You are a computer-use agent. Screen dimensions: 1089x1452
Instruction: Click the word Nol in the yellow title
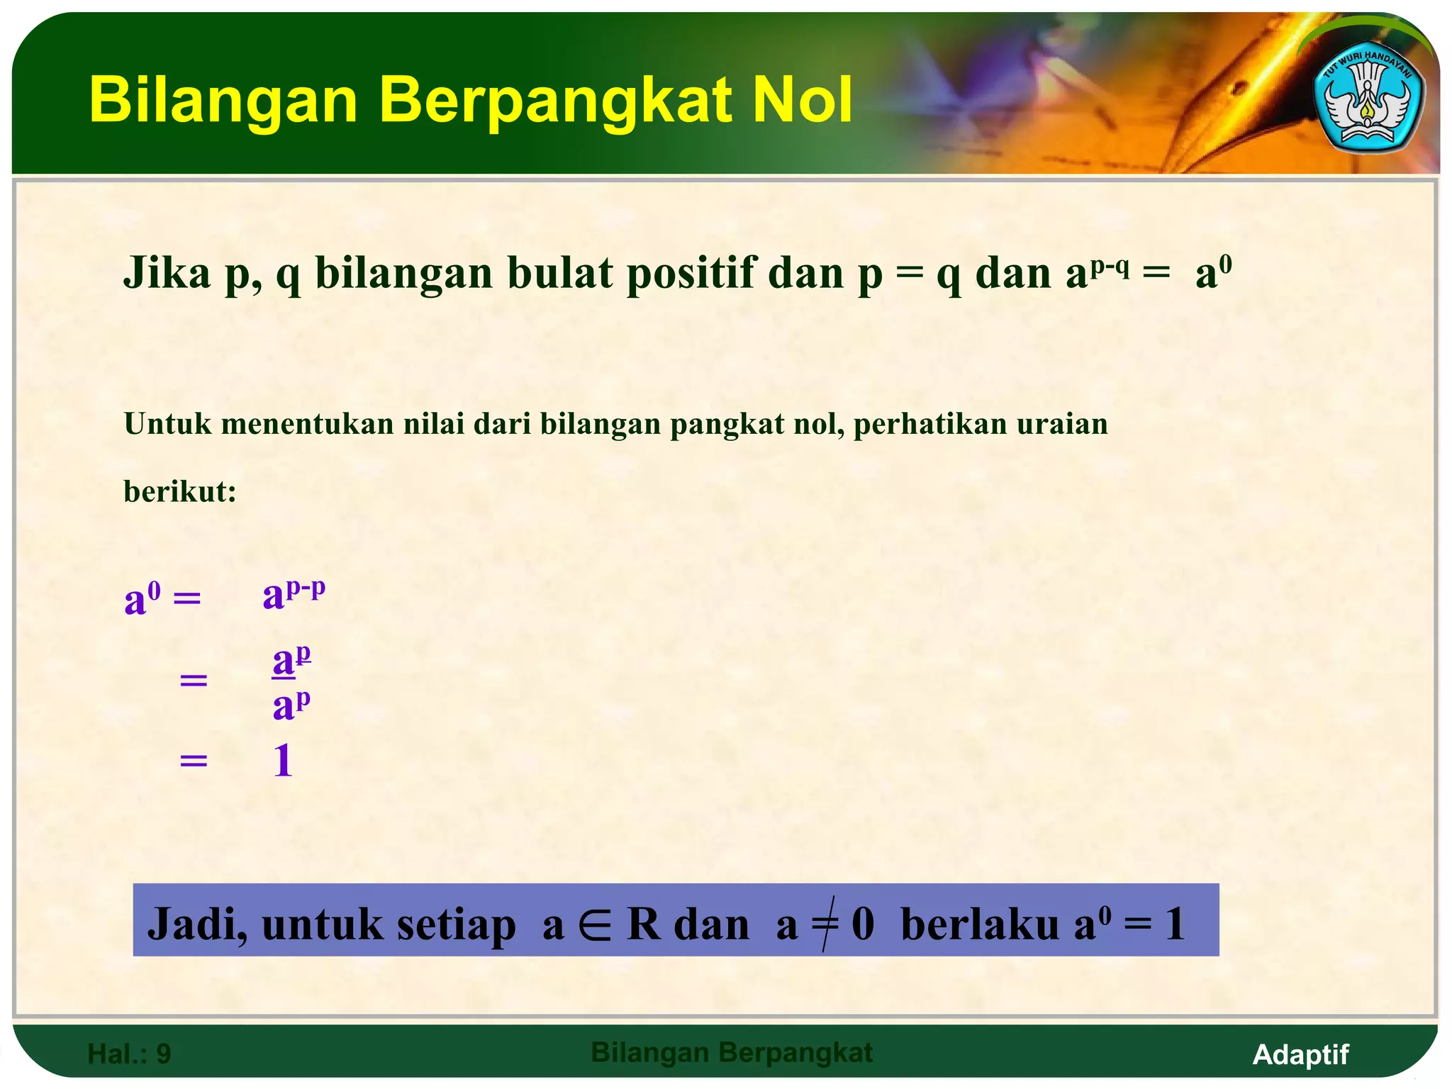tap(801, 101)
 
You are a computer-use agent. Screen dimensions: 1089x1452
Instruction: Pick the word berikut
tap(179, 491)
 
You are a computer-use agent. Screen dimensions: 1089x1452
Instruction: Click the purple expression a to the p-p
tap(294, 594)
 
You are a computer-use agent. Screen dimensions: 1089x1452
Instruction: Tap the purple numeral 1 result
tap(283, 761)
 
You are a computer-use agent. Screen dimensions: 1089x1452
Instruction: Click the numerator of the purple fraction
tap(291, 661)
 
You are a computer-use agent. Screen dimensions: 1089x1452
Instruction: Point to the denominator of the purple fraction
tap(291, 705)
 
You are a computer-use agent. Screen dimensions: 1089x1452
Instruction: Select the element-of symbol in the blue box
tap(594, 925)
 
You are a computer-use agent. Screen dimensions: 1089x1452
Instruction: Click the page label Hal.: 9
tap(129, 1054)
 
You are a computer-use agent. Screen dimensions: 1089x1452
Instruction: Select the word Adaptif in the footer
tap(1300, 1054)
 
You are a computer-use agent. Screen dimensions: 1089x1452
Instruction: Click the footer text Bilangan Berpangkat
tap(732, 1053)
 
